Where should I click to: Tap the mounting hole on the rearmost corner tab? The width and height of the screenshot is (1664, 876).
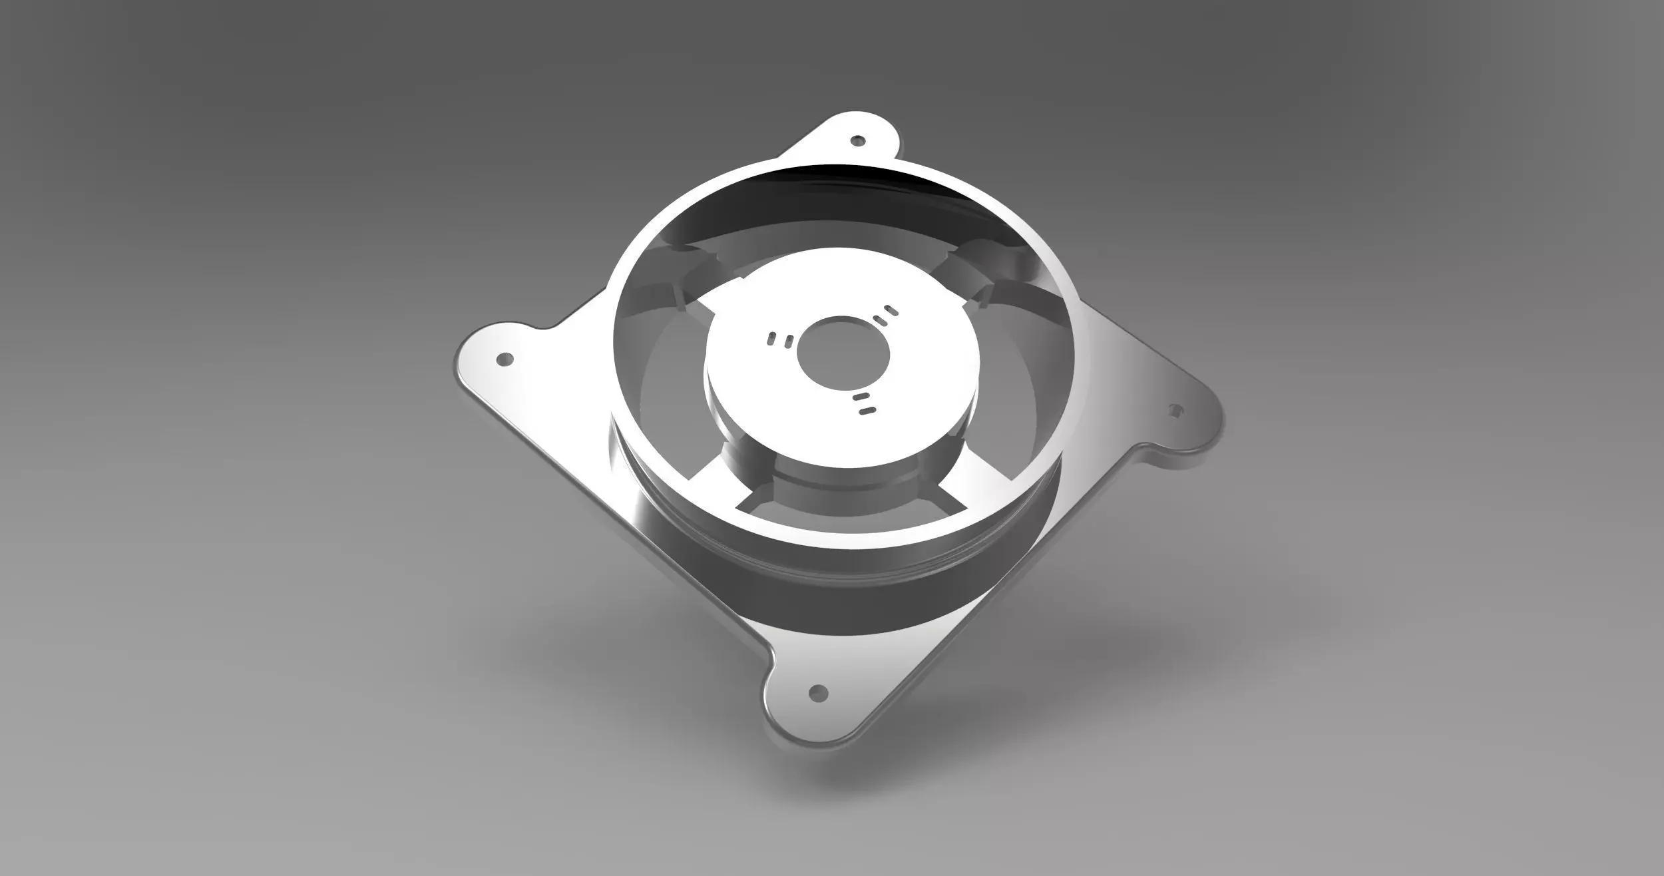(859, 141)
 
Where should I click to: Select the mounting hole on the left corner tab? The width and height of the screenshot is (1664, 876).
(505, 359)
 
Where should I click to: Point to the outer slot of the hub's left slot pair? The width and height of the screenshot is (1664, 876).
(771, 339)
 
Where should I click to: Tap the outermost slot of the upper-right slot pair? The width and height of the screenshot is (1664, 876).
(891, 310)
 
